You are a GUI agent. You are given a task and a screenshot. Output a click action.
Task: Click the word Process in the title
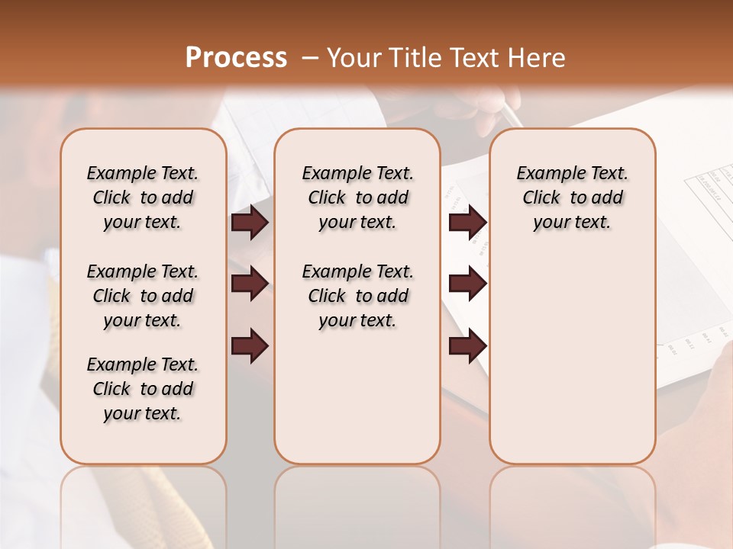(x=236, y=58)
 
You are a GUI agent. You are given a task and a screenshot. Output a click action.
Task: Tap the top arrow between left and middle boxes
(x=250, y=223)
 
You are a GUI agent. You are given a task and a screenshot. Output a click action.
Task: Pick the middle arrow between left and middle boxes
(x=250, y=284)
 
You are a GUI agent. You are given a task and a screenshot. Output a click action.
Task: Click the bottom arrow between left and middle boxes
(x=250, y=345)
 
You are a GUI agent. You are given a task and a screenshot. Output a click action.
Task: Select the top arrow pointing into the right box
(x=467, y=223)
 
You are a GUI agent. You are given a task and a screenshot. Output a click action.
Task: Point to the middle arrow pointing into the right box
(x=467, y=284)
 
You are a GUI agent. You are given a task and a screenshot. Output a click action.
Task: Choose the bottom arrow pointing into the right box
(x=467, y=345)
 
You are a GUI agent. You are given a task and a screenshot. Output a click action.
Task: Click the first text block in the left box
(x=143, y=197)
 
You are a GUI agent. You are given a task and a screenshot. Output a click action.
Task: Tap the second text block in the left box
(x=143, y=296)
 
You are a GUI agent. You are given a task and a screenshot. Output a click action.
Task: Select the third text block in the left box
(x=143, y=389)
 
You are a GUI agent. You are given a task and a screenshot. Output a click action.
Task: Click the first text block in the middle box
(x=357, y=197)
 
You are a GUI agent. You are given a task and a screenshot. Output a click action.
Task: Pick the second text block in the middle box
(x=357, y=296)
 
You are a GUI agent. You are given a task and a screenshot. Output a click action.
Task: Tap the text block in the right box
(x=572, y=197)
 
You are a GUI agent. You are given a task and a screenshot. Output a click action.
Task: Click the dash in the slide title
(x=310, y=58)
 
